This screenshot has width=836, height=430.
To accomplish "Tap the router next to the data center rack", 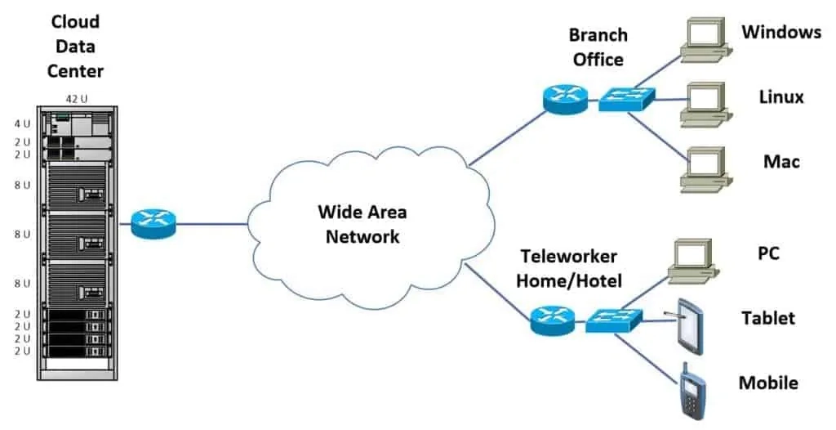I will click(x=153, y=223).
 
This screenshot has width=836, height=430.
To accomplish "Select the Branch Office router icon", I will click(x=564, y=98).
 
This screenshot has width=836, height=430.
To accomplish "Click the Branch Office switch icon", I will click(x=623, y=99).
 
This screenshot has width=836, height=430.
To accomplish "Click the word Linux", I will click(x=781, y=97).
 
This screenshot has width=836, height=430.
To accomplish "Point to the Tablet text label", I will click(x=767, y=318).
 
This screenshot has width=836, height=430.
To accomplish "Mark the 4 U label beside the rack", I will click(x=22, y=124).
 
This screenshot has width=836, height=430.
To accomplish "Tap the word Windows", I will click(x=780, y=33).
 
